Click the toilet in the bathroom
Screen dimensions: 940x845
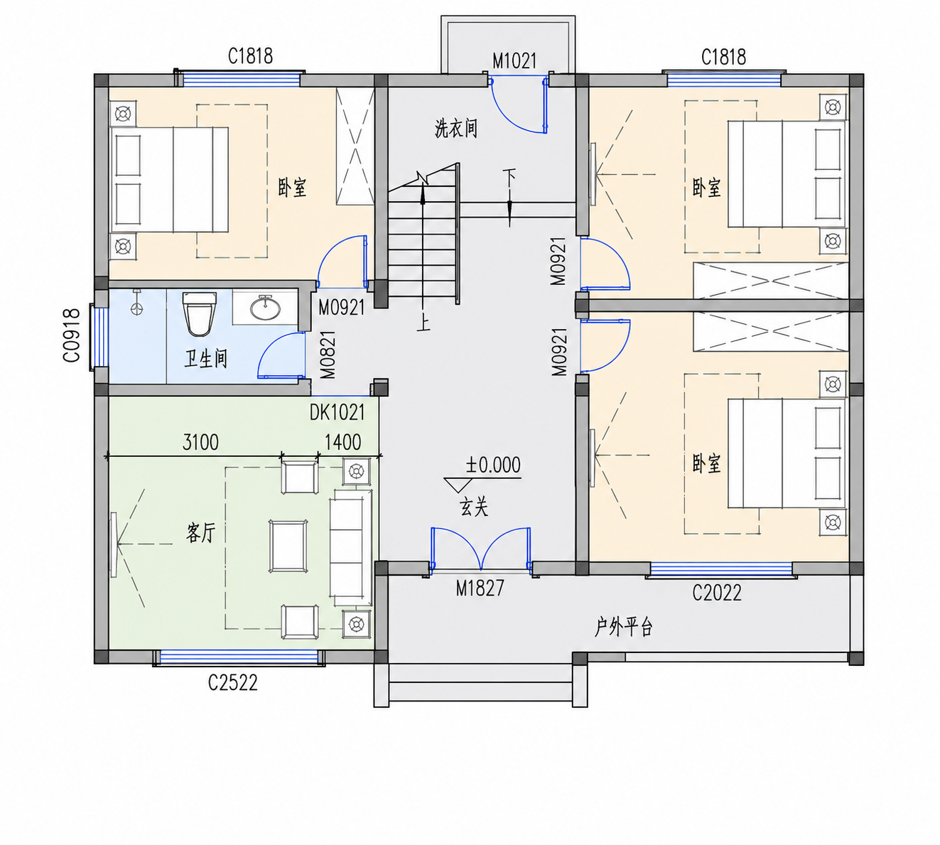point(199,313)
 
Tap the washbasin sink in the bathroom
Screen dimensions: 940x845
point(266,308)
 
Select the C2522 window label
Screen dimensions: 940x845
point(233,683)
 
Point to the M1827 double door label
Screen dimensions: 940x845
point(480,588)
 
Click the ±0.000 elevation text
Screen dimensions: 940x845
point(493,465)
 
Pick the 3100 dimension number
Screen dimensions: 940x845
point(200,442)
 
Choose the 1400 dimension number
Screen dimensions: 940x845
point(342,442)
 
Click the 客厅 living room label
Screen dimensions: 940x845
point(200,533)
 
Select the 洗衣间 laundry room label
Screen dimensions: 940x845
point(456,128)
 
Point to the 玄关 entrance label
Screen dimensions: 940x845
point(474,507)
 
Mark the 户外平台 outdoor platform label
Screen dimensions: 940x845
point(624,627)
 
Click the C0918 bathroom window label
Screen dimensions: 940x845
point(71,335)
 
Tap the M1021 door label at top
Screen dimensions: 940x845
point(514,60)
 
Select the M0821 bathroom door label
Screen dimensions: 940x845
point(328,355)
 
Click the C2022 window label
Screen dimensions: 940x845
point(717,593)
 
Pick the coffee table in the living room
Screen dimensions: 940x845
point(288,547)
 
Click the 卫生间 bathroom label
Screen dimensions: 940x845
point(205,359)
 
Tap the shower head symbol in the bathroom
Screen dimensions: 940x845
point(137,303)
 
